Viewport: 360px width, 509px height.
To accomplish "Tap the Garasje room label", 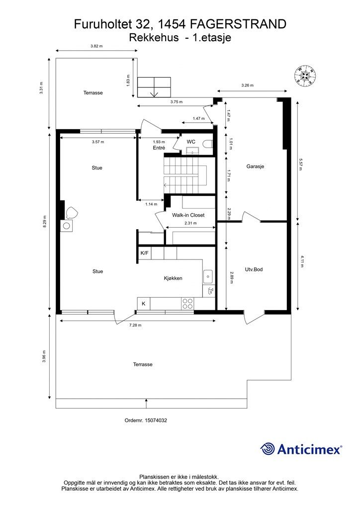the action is pyautogui.click(x=255, y=166).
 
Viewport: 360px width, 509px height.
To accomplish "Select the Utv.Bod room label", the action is pyautogui.click(x=254, y=269).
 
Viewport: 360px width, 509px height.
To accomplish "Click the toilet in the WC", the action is pyautogui.click(x=207, y=144).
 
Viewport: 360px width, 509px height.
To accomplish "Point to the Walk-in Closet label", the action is pyautogui.click(x=188, y=215).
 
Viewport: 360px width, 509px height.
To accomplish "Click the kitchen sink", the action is pyautogui.click(x=208, y=276).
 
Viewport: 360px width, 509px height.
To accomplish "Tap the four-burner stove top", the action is pyautogui.click(x=187, y=304).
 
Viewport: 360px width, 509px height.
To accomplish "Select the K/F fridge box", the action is pyautogui.click(x=145, y=253).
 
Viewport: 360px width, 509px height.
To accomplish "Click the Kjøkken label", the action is pyautogui.click(x=173, y=278).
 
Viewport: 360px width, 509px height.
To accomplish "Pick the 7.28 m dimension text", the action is pyautogui.click(x=135, y=325).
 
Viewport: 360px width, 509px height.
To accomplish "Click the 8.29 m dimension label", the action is pyautogui.click(x=44, y=222).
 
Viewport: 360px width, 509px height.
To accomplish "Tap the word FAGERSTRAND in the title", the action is pyautogui.click(x=238, y=24).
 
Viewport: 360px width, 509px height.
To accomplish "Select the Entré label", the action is pyautogui.click(x=159, y=148).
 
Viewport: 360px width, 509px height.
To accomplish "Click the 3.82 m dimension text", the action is pyautogui.click(x=96, y=46).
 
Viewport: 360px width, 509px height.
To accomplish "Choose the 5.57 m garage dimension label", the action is pyautogui.click(x=300, y=165).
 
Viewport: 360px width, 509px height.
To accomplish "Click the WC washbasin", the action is pyautogui.click(x=192, y=151).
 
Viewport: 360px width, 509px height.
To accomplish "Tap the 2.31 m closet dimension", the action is pyautogui.click(x=190, y=223).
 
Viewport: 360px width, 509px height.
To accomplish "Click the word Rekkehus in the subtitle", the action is pyautogui.click(x=154, y=37).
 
